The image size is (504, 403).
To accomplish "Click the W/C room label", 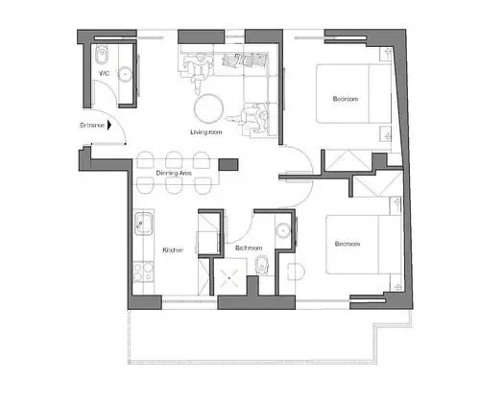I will click(101, 73).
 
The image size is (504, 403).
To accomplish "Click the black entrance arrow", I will click(111, 125).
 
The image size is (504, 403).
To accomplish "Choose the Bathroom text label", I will click(250, 249).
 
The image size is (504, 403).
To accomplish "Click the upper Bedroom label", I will click(347, 99).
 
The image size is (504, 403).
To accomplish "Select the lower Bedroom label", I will click(347, 244).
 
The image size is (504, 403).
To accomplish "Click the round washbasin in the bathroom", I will click(282, 231).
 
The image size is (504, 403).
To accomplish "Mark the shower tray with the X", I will click(231, 279).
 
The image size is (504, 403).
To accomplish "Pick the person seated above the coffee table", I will click(199, 70).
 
